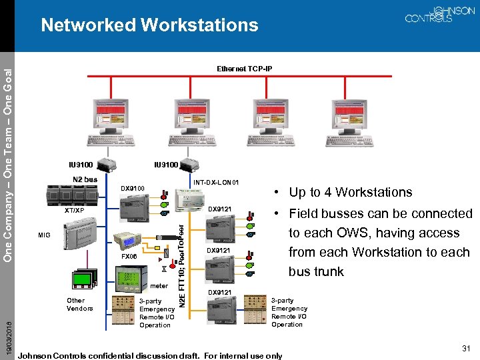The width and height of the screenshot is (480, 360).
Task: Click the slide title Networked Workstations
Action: (149, 25)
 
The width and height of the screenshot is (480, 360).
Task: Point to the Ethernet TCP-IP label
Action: (244, 69)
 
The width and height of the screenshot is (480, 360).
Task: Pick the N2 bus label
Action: (85, 179)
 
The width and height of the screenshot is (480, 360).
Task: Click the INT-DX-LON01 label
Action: (216, 182)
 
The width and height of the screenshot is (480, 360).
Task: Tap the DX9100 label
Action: (133, 189)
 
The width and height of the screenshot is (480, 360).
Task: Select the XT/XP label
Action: (74, 210)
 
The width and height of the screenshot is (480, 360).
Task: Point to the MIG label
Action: (44, 235)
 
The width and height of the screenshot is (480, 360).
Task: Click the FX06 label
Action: (129, 256)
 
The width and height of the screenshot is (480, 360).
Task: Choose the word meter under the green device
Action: (159, 286)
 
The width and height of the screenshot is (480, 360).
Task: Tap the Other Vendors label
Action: (80, 304)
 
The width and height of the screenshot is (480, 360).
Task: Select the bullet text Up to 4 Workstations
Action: (350, 192)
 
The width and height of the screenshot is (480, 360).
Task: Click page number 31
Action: (465, 348)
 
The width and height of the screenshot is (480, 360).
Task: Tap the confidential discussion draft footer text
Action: (151, 355)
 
